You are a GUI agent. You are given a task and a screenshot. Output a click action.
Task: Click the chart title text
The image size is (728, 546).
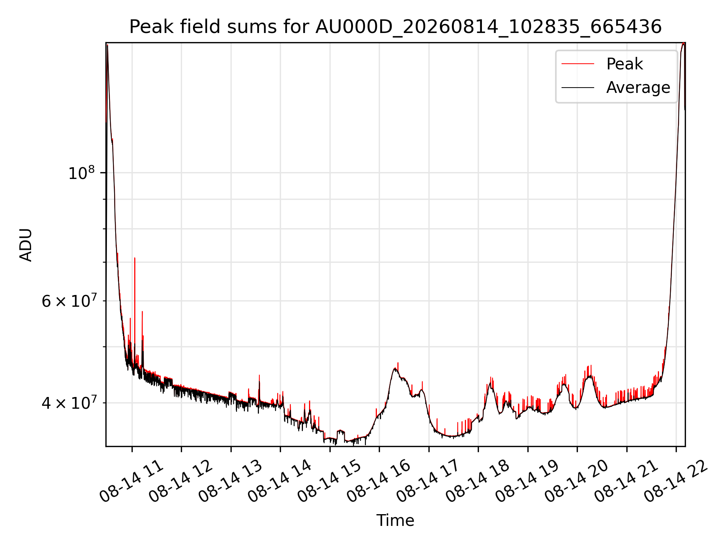tap(395, 27)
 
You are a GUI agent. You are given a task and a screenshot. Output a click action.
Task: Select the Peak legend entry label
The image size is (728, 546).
tap(624, 64)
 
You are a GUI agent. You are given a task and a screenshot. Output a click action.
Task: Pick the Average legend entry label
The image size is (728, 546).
tap(638, 88)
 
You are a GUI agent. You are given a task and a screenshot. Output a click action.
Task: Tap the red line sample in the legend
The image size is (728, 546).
tap(578, 64)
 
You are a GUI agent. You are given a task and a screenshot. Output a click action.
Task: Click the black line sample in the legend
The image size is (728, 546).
tap(578, 88)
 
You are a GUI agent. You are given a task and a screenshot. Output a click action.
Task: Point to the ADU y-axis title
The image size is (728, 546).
tap(26, 245)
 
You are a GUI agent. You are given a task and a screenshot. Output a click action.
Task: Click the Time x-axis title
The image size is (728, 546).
tap(395, 520)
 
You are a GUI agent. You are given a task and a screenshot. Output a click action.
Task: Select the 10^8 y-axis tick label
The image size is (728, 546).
tap(81, 173)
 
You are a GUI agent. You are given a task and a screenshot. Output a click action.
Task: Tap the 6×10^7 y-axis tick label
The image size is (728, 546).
tap(69, 301)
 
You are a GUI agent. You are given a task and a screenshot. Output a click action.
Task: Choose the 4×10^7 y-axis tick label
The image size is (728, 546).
tap(69, 403)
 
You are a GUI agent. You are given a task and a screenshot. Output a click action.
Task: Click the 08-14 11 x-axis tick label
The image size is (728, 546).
tap(131, 482)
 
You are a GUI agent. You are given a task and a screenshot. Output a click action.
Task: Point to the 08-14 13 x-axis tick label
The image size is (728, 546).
tap(230, 482)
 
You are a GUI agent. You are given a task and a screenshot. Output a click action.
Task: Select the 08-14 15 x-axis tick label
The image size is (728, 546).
tap(329, 482)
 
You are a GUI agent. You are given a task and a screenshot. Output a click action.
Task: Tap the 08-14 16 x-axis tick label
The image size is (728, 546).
tap(378, 482)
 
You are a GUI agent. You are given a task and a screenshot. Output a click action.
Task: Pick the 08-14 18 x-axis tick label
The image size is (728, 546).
tap(477, 482)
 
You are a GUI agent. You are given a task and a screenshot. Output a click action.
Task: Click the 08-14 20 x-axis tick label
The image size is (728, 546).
tap(576, 482)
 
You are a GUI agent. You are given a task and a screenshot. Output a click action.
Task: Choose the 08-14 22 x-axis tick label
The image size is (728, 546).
tap(676, 482)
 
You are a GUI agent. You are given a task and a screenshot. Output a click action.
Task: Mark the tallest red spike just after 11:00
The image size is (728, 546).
tap(135, 258)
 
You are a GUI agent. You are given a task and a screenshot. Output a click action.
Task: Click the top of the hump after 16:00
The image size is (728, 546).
tap(395, 368)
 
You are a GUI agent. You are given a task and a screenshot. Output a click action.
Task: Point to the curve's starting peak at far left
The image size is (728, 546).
tap(108, 45)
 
